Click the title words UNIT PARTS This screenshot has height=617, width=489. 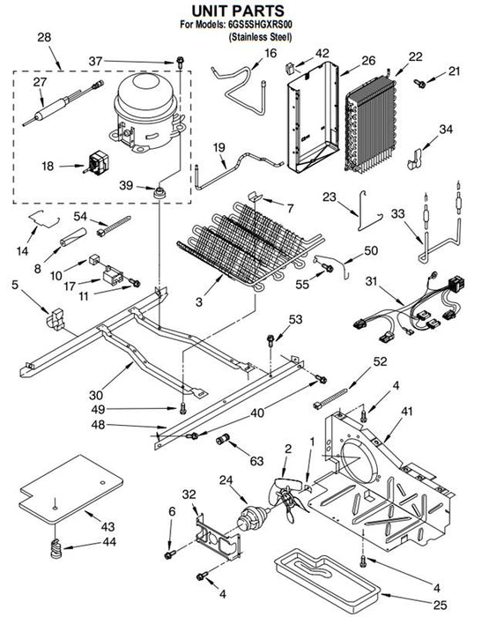tap(238, 11)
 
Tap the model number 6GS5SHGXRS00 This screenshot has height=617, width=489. tap(260, 25)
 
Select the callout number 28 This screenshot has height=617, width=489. tap(44, 37)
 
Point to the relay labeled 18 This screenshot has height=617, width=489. tap(96, 163)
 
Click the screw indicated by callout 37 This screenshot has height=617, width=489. tap(180, 62)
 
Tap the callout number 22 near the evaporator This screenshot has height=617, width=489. tap(416, 56)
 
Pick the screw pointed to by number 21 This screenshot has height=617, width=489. tap(419, 83)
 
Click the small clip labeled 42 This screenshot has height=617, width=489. tap(291, 68)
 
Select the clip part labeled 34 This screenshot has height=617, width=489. tap(414, 158)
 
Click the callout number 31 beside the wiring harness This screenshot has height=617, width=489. tap(371, 281)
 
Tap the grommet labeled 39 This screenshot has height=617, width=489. tap(159, 193)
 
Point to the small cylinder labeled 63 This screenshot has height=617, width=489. tap(224, 439)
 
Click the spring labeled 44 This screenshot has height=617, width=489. tap(57, 547)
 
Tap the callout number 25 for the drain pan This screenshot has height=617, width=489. tap(441, 604)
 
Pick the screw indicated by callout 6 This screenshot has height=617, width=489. tap(170, 554)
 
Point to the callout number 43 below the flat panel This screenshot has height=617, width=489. tap(107, 526)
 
